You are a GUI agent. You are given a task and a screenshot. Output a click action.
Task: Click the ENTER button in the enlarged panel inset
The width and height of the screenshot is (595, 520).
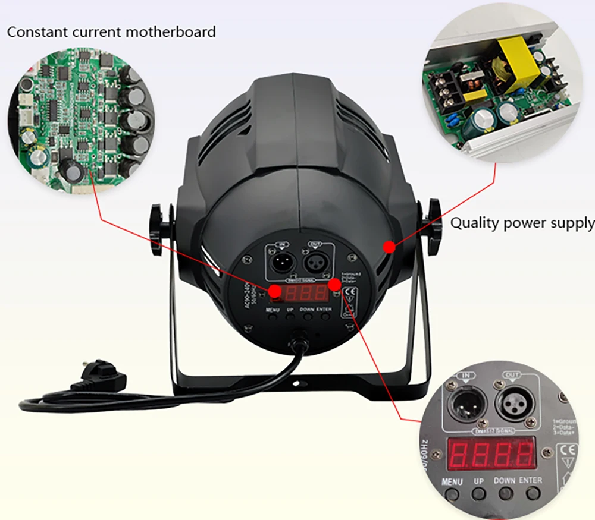[x=530, y=493]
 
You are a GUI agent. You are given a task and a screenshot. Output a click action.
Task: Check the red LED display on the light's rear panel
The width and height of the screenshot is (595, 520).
[x=305, y=292]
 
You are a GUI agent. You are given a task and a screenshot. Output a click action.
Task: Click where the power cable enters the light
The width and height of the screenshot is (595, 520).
[x=297, y=343]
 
